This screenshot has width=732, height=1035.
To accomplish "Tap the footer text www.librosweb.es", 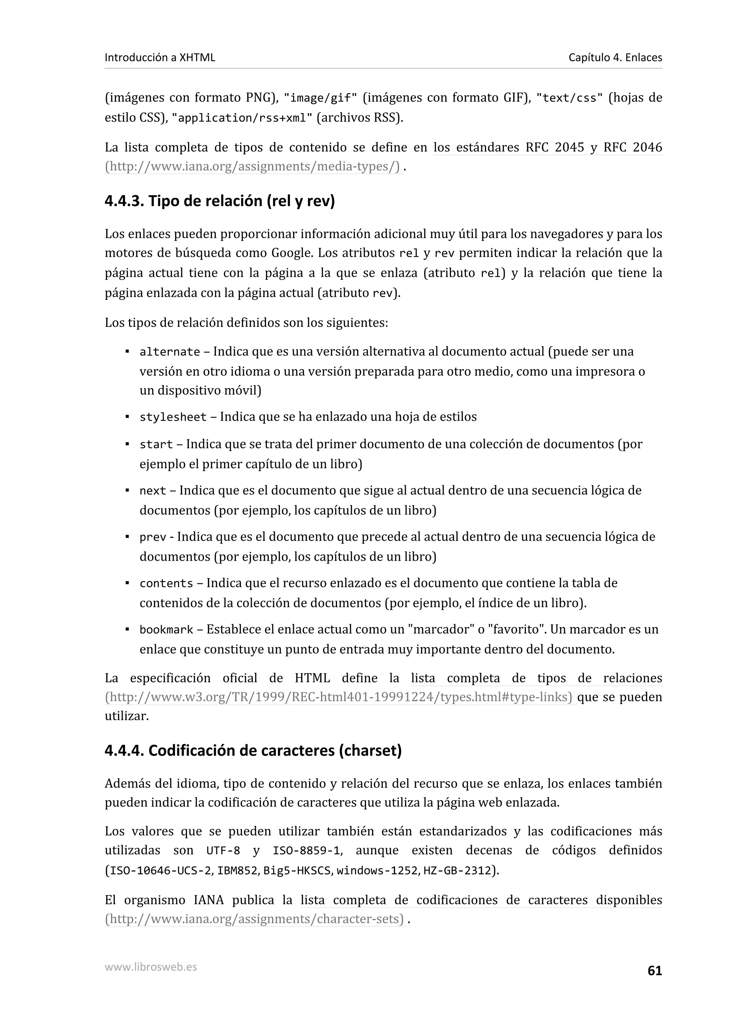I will coord(150,967).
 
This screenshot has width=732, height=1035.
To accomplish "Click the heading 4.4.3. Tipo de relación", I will coord(220,201).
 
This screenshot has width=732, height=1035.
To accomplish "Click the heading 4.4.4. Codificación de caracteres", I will coord(253,751).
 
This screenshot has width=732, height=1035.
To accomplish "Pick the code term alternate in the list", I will coord(169,352).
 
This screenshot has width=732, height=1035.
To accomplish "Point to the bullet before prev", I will coord(128,537).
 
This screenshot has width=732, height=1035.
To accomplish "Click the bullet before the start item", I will coord(128,445).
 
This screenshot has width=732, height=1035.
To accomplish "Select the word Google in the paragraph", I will coord(291,253).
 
